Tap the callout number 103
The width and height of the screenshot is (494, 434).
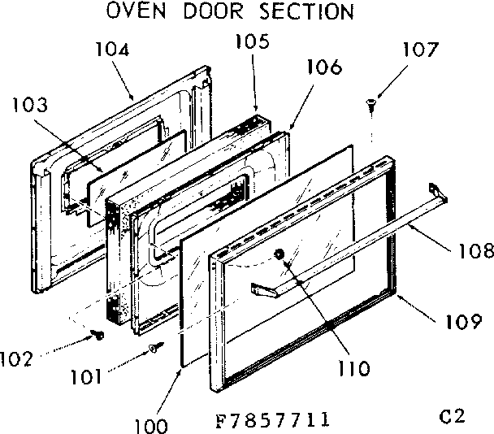(30, 106)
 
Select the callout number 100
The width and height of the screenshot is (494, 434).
(151, 423)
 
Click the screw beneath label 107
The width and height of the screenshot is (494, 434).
(370, 102)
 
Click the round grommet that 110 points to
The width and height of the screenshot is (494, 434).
(281, 255)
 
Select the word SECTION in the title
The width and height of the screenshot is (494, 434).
(307, 12)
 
